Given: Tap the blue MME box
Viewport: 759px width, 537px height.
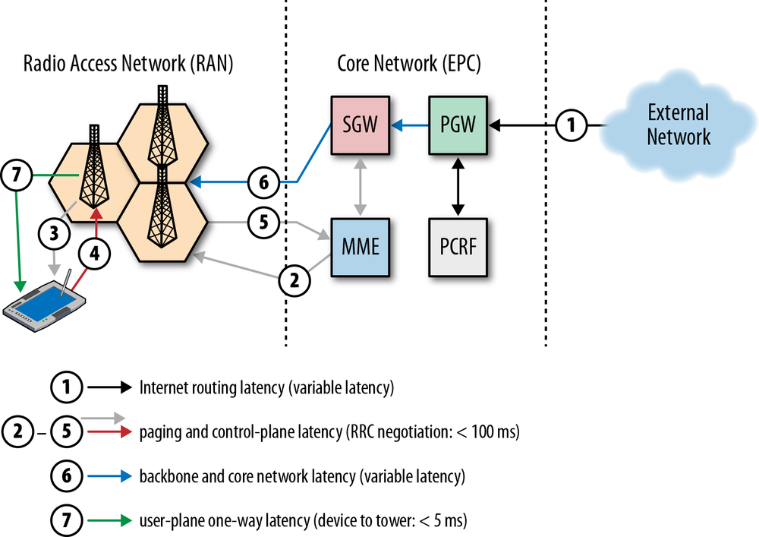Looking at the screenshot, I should [x=361, y=248].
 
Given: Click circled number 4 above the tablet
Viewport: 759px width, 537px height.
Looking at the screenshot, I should [x=95, y=255].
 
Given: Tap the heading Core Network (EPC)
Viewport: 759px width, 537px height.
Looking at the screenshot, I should [x=408, y=65].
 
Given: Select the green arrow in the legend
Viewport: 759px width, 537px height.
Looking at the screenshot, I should [x=110, y=521].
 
